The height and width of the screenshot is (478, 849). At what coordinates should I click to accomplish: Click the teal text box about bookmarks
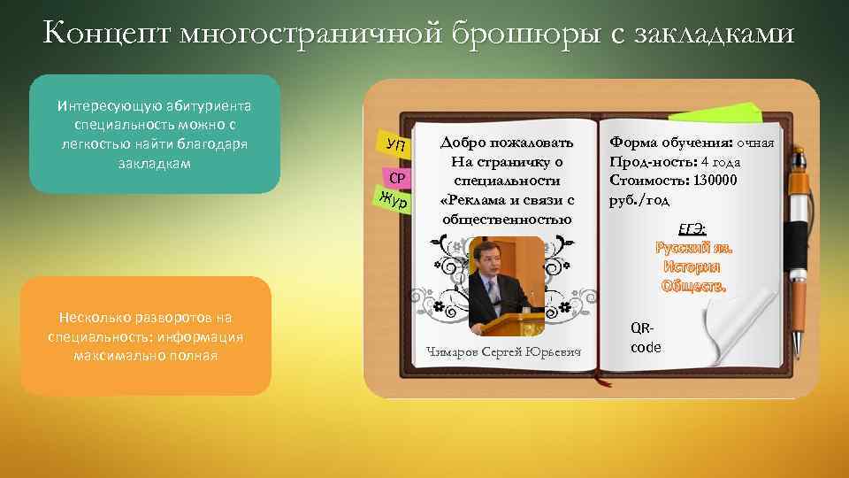[x=155, y=134]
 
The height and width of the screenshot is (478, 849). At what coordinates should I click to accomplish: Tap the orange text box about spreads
[x=146, y=336]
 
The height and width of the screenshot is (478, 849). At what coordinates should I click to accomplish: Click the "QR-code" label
[x=646, y=337]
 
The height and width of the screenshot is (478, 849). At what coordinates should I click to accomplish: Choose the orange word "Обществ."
[x=693, y=286]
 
